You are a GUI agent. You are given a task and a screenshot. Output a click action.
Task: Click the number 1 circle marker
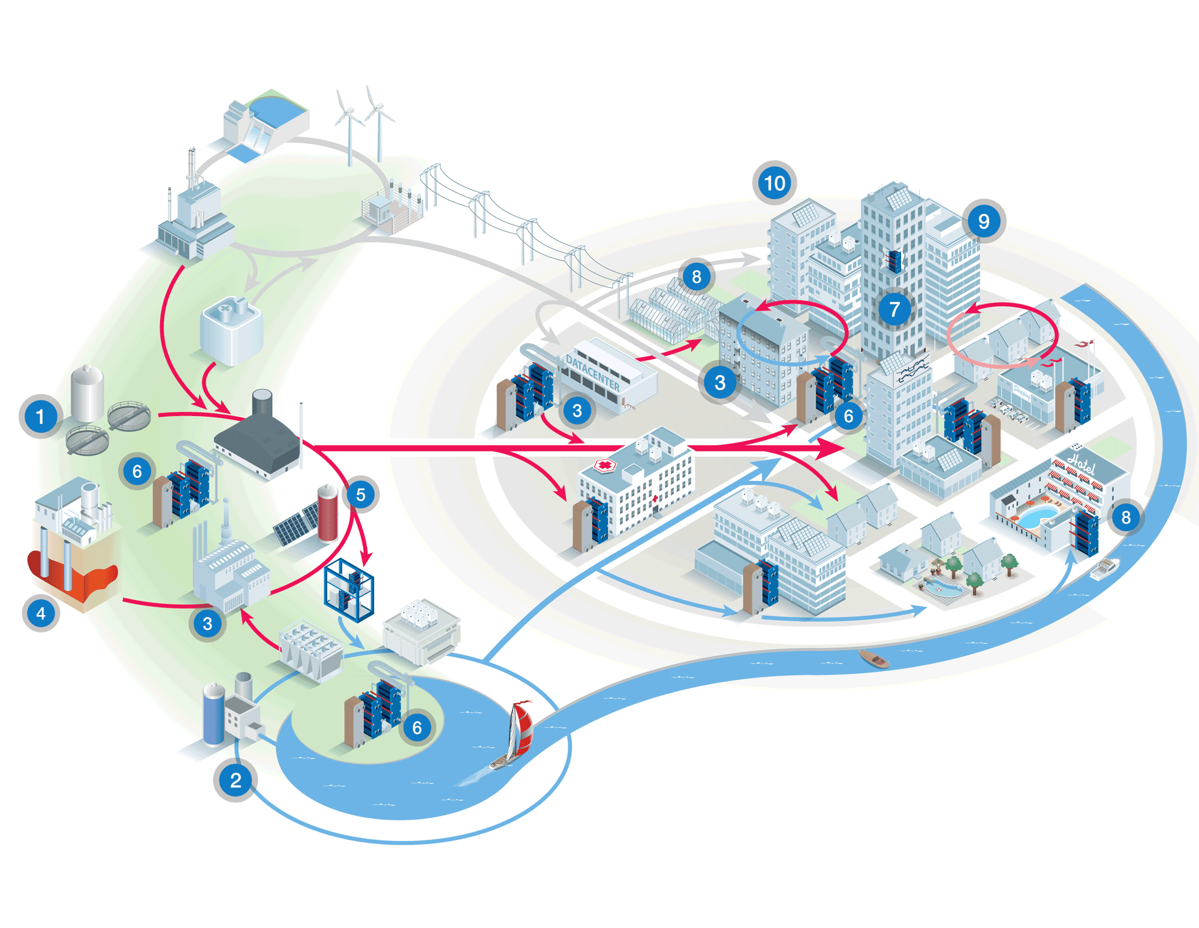(40, 417)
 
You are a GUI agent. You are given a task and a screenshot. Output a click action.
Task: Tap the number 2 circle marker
(236, 780)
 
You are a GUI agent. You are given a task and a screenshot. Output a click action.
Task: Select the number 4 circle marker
(41, 613)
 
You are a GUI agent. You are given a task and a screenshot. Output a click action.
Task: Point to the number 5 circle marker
(360, 495)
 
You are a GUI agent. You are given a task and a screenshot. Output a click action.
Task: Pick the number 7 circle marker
(894, 309)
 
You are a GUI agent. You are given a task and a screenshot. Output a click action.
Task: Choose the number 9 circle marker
(984, 221)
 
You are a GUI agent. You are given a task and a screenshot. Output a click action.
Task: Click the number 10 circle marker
(775, 183)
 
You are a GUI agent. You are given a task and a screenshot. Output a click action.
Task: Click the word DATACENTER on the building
(592, 372)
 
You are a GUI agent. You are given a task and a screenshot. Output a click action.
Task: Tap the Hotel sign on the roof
(1081, 463)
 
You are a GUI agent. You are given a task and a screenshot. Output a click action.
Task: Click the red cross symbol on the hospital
(605, 465)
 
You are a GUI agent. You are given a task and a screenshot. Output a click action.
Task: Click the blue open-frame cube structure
(348, 590)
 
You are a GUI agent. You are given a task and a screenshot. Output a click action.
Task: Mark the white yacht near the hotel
(1104, 568)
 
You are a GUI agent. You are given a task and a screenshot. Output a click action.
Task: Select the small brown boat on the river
(874, 659)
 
